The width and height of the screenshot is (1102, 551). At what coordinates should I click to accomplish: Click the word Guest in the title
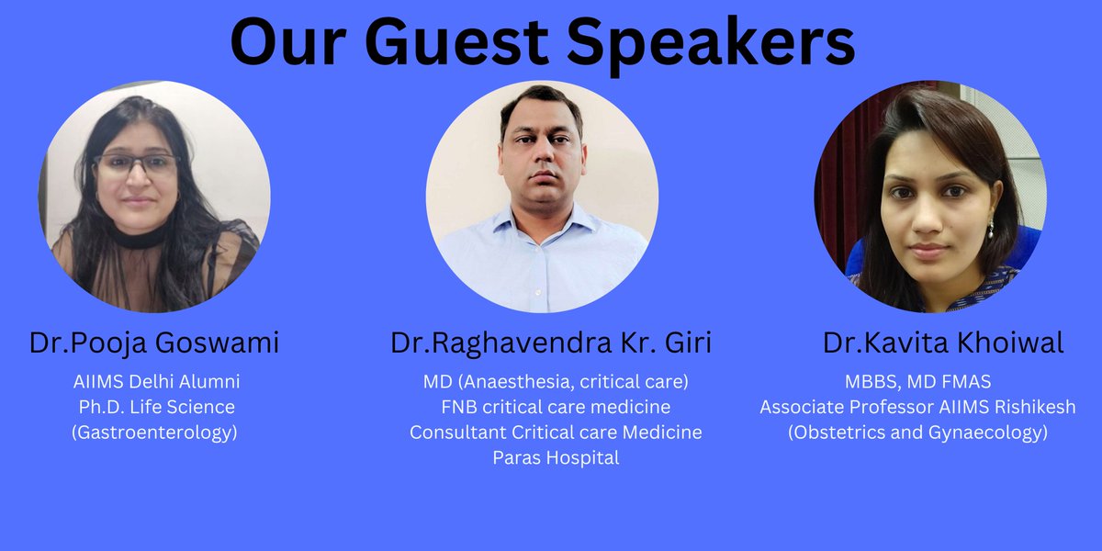coord(458,43)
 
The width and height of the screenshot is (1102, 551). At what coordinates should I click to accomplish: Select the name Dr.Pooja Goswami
coord(154,343)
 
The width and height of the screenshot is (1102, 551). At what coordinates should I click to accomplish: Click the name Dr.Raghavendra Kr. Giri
coord(551,343)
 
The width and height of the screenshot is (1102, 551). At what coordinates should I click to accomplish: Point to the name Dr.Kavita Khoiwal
coord(943,343)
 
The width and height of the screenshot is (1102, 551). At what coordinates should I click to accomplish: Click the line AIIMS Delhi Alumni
coord(156,380)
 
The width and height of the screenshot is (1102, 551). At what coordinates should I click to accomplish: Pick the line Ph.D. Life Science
coord(156,406)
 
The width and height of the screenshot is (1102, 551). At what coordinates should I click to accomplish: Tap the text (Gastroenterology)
coord(154,432)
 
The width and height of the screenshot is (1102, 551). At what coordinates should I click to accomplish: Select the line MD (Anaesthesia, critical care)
coord(556,380)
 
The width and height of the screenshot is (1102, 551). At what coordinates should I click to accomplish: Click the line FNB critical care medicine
coord(556,406)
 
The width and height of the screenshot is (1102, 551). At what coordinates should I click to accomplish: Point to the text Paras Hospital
coord(556,457)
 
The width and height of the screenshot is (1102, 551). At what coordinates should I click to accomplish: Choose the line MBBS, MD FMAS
coord(917,380)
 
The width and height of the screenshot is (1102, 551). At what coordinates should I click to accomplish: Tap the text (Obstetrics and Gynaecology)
coord(917,432)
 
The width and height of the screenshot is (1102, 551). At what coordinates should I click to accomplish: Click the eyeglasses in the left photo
coord(138,165)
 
